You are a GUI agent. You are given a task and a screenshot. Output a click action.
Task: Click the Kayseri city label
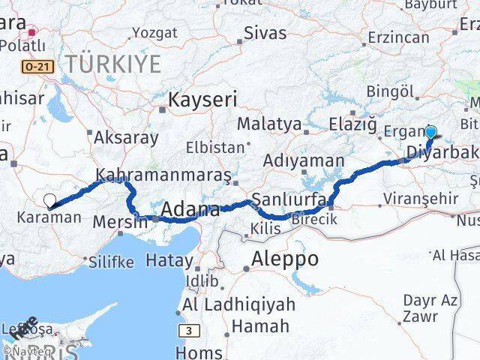pos(202,99)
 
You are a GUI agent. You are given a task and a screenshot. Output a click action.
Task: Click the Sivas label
pos(266,34)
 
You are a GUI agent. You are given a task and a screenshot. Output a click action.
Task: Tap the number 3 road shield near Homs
pos(190,330)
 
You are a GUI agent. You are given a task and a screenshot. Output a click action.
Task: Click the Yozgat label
pos(154,32)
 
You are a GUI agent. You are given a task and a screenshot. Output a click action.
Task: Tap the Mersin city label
pos(121,222)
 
